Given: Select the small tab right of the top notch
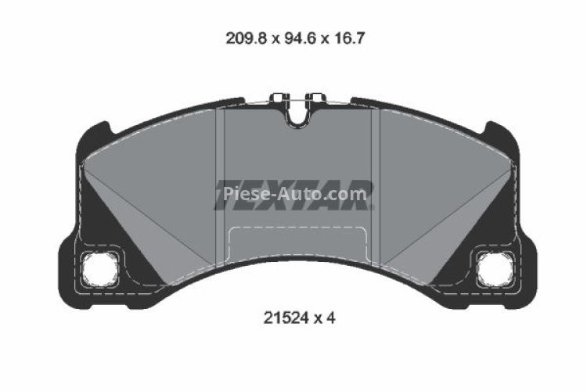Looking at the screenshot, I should pyautogui.click(x=315, y=99).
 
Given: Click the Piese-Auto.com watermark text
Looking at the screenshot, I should pyautogui.click(x=295, y=192).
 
